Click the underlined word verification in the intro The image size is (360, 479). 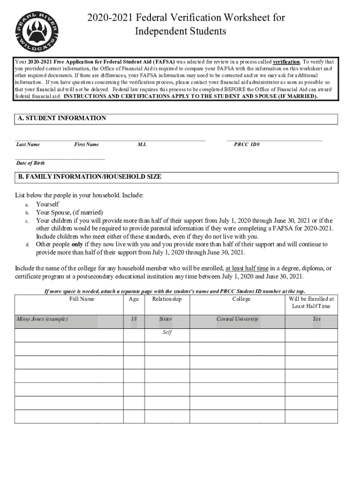click(286, 62)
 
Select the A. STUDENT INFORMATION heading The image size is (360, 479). click(62, 118)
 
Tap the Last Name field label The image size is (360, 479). click(28, 145)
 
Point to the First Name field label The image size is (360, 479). click(86, 145)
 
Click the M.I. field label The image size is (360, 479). click(142, 145)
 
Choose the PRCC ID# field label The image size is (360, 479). click(247, 145)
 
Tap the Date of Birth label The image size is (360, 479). click(31, 163)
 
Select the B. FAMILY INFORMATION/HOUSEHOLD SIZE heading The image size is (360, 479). click(89, 177)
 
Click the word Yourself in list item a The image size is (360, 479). click(48, 204)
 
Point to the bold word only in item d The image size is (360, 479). click(77, 244)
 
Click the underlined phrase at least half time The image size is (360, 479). click(247, 269)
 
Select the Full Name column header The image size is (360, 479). click(82, 299)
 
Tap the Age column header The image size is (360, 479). click(134, 299)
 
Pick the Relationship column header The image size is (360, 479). click(167, 299)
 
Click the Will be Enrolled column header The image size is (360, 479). click(311, 302)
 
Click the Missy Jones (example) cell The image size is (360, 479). click(43, 319)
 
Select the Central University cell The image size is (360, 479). click(237, 319)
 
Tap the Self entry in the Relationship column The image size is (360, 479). click(167, 333)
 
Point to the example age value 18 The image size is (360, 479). click(134, 319)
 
